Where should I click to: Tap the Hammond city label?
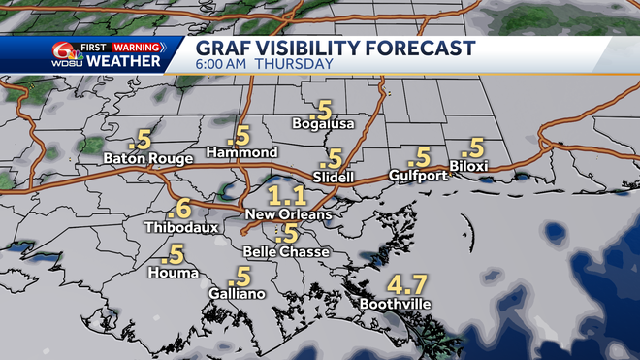pyautogui.click(x=242, y=153)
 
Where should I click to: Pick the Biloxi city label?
pyautogui.click(x=468, y=166)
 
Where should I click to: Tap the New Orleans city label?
pyautogui.click(x=288, y=213)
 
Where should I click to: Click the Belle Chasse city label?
pyautogui.click(x=287, y=251)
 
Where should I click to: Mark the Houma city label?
pyautogui.click(x=171, y=273)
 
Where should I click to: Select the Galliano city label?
pyautogui.click(x=237, y=293)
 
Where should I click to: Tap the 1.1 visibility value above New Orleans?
pyautogui.click(x=287, y=193)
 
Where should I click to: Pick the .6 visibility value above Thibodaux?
pyautogui.click(x=178, y=208)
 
